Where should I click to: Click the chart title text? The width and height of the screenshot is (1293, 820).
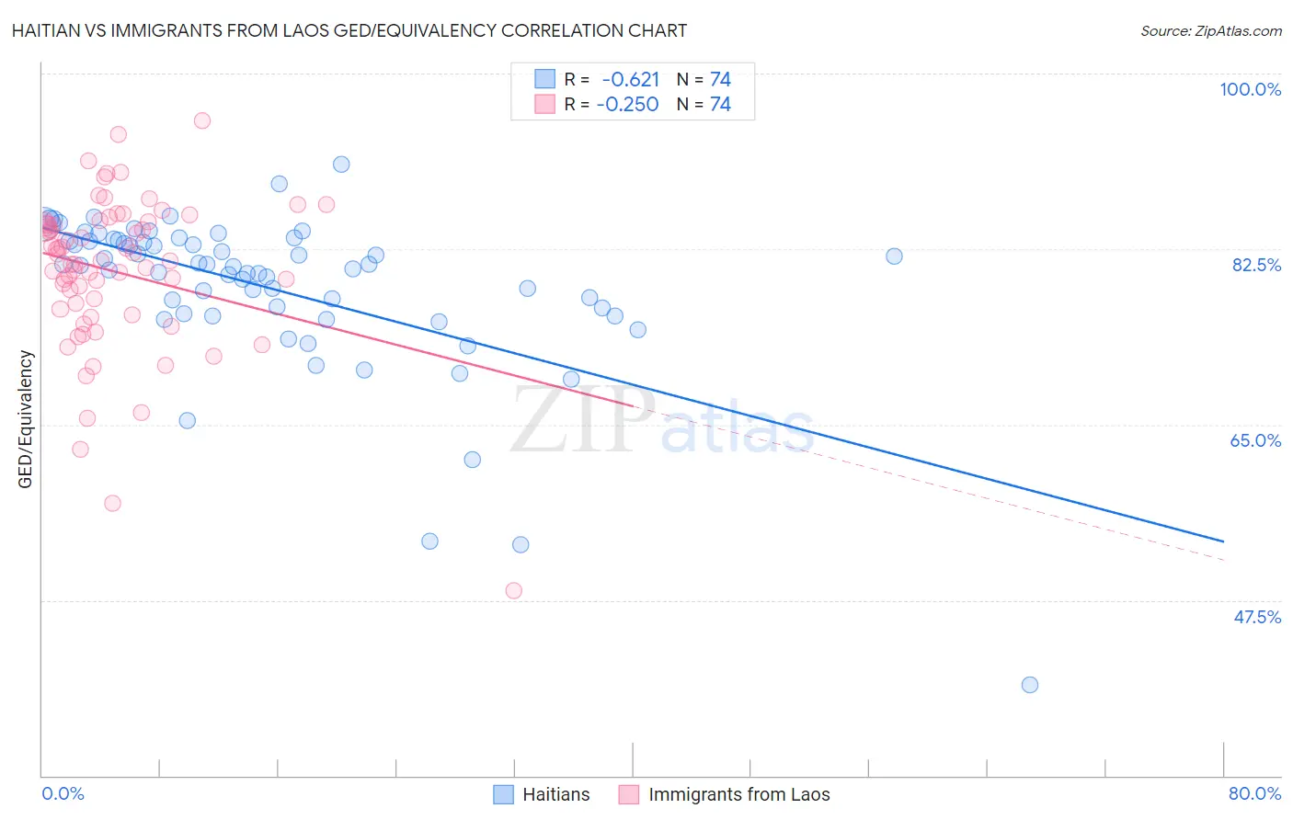click(349, 30)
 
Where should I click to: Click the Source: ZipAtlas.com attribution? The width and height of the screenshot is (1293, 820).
click(1210, 30)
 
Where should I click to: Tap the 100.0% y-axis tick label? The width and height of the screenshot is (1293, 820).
click(1250, 89)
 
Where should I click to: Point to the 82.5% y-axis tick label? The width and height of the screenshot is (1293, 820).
click(1256, 265)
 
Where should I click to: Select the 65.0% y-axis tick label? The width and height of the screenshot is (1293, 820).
click(1255, 440)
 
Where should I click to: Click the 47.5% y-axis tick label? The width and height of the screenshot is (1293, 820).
click(1256, 617)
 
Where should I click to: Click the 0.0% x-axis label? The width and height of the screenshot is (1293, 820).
click(63, 793)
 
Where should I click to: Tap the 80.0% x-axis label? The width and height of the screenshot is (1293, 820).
click(1254, 793)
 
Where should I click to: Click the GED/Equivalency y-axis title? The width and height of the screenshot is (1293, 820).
click(26, 419)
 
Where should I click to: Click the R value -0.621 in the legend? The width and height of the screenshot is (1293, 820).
click(630, 80)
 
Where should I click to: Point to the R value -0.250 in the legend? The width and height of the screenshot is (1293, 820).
click(627, 104)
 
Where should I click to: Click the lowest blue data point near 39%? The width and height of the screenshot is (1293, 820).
click(1030, 685)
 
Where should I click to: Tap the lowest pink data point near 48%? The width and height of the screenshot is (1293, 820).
click(514, 590)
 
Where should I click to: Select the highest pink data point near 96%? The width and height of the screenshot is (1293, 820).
click(202, 120)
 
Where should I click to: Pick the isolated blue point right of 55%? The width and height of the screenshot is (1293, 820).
click(894, 256)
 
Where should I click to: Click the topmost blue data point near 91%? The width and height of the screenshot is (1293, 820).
click(341, 165)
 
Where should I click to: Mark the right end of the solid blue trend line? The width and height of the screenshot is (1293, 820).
click(1224, 541)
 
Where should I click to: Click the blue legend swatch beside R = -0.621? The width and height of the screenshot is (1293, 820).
click(545, 79)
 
